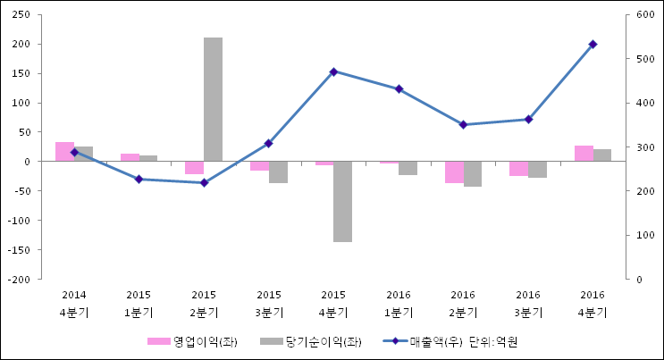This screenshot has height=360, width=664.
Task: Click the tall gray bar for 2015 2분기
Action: (213, 99)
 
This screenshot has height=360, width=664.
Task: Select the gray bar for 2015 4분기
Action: (342, 201)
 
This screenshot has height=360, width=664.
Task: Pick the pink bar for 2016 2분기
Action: (454, 172)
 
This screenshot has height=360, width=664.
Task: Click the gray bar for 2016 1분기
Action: (408, 168)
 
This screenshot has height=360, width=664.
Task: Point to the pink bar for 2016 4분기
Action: (584, 154)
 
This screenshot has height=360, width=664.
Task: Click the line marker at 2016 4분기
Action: (593, 44)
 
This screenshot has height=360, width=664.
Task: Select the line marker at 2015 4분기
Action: (333, 71)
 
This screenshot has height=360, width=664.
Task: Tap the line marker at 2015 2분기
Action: (204, 182)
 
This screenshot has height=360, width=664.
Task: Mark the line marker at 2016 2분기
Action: (463, 125)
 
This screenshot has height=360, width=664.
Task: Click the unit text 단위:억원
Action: (493, 341)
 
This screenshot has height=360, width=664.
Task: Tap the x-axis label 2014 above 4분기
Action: (74, 295)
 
